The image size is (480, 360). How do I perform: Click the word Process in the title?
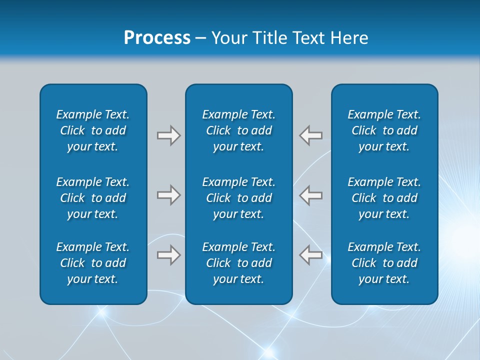pos(157,38)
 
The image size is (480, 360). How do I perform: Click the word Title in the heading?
pos(270,38)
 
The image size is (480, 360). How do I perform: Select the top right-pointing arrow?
pos(168,135)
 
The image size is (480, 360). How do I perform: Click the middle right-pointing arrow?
pos(168,195)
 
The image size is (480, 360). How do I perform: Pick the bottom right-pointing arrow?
pos(168,255)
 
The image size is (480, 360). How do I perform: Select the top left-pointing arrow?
pos(311,135)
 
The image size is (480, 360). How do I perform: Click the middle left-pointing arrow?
pos(311,195)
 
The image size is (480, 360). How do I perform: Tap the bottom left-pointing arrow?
pos(311,255)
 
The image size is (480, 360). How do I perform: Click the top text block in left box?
pos(93,130)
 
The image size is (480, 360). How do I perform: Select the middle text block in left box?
pos(93,198)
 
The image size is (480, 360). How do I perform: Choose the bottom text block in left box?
pos(93,263)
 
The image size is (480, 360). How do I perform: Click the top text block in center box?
pos(239,130)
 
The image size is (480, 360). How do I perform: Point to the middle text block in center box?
pos(239,198)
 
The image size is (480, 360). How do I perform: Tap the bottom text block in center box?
pos(239,263)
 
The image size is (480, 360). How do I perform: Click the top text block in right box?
pos(384,130)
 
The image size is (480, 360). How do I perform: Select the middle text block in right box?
pos(384,198)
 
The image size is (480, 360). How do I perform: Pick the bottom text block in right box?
pos(384,263)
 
